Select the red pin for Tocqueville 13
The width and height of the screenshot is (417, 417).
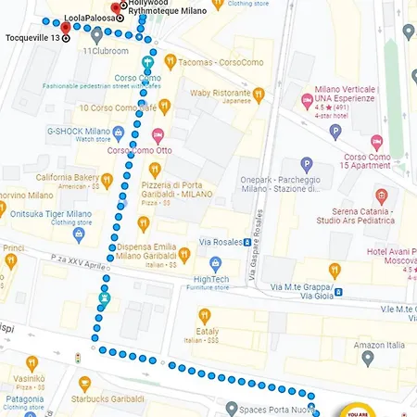point(65,29)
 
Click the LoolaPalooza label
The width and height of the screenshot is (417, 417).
point(89,18)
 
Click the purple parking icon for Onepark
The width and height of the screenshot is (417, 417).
point(307,164)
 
